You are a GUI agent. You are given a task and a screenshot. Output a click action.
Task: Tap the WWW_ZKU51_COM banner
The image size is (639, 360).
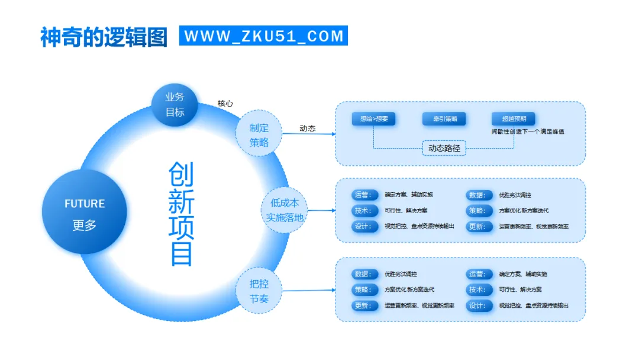point(264,36)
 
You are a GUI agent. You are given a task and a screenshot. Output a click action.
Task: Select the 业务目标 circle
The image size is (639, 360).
point(175,105)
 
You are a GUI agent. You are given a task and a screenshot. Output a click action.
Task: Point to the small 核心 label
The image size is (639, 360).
point(225,103)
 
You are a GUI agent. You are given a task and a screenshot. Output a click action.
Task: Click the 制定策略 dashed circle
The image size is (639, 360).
point(259,135)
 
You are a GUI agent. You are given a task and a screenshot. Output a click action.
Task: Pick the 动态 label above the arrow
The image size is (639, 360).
point(307,128)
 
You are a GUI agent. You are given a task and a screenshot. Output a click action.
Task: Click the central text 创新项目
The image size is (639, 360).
point(181,214)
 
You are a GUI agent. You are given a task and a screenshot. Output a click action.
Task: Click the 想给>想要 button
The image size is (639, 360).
point(373,119)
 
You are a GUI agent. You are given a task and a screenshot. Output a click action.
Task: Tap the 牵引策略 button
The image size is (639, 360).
point(444,119)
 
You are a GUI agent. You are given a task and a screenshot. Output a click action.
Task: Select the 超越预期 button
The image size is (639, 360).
point(513,119)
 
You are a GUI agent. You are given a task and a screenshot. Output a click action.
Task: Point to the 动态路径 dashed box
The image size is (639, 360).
point(444,148)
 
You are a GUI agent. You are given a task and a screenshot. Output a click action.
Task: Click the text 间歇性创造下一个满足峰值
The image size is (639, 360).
point(527,131)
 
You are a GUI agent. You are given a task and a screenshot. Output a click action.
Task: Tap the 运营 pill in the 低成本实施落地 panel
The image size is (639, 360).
point(364,195)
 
